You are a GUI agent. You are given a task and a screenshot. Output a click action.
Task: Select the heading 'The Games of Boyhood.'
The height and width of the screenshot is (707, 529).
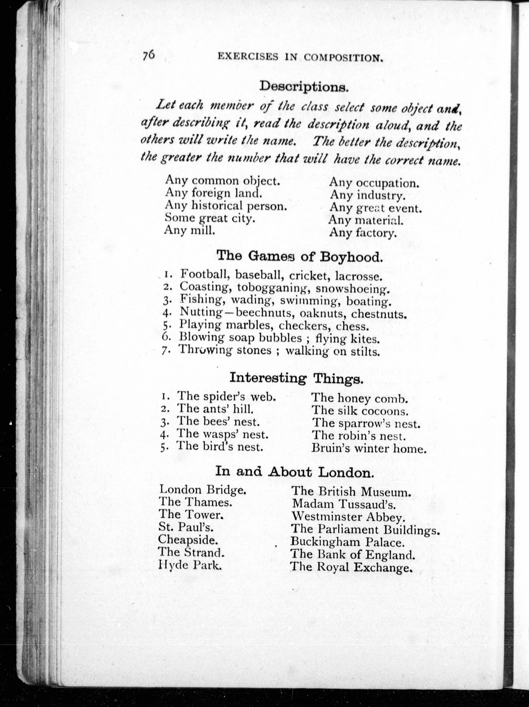click(x=299, y=257)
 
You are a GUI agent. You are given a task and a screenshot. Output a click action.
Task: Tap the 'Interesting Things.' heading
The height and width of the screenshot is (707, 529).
click(x=296, y=378)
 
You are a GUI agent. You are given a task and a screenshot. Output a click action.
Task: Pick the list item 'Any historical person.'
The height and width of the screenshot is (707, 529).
click(x=226, y=206)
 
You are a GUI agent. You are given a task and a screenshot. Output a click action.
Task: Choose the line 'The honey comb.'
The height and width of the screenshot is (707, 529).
click(x=360, y=399)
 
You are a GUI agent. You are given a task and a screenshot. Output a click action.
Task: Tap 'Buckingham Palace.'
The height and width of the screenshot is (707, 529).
click(x=347, y=542)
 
